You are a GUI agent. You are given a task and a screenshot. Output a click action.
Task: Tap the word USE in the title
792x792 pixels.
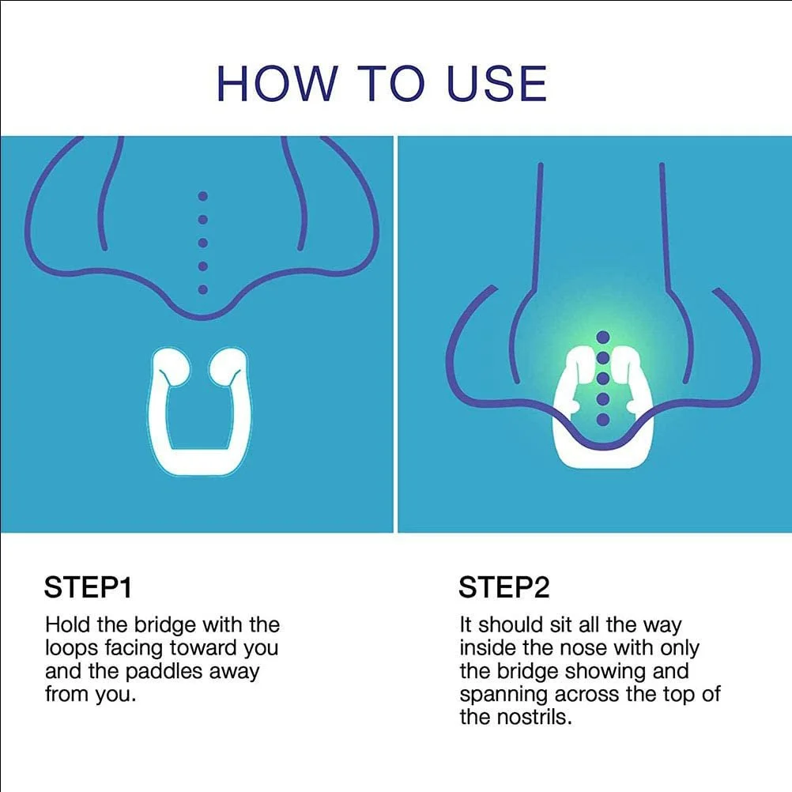tap(497, 83)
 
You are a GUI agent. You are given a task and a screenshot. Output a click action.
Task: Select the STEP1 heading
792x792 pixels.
tap(88, 587)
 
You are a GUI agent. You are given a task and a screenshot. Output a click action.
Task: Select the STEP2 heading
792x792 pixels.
tap(503, 587)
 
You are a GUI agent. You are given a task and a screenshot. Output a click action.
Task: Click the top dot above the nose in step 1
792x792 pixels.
tap(203, 196)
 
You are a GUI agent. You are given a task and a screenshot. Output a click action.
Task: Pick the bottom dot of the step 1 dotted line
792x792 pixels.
tap(203, 289)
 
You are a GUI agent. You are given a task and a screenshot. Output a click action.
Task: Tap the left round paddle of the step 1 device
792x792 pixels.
tap(171, 367)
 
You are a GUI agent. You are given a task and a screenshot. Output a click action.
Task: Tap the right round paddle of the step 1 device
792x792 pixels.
tap(228, 367)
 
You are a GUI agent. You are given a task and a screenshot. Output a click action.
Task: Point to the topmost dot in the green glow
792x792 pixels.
tap(603, 337)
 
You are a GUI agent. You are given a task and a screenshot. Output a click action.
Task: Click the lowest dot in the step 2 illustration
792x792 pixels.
tap(603, 419)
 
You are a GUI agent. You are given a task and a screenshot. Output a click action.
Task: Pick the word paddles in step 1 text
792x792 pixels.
tap(164, 672)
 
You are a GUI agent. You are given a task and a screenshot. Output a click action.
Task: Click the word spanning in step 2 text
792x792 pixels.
tap(503, 695)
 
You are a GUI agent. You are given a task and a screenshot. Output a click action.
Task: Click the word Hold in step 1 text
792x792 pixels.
tap(68, 624)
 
